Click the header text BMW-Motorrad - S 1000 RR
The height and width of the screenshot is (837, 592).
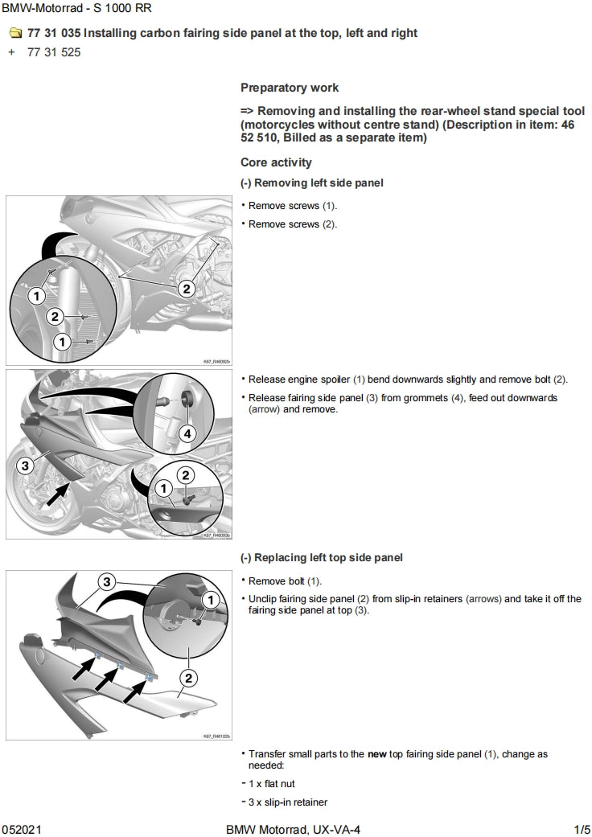(76, 9)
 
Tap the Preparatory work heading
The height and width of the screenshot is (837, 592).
(290, 88)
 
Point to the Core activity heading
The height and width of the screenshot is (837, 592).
(276, 162)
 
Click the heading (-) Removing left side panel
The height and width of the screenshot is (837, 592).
(312, 183)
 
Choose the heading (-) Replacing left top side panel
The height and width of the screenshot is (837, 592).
(322, 558)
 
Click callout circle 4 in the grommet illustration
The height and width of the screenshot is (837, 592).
(187, 434)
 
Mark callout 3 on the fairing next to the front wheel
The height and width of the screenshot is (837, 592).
(25, 465)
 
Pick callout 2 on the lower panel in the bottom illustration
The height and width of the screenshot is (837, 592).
(187, 678)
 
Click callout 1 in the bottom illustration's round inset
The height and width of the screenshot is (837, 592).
(211, 599)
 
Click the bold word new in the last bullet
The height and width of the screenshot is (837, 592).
(377, 755)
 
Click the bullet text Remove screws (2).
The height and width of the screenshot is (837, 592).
(293, 224)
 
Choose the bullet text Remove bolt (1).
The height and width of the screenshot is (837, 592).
(285, 581)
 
